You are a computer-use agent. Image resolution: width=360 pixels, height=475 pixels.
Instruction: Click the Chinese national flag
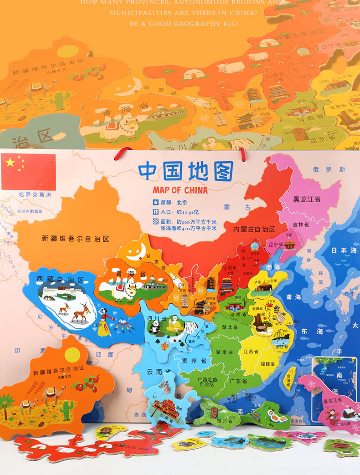pyautogui.click(x=28, y=172)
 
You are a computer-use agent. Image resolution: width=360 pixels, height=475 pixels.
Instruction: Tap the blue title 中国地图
pyautogui.click(x=186, y=171)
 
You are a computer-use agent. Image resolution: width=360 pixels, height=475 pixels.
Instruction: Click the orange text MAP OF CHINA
pyautogui.click(x=180, y=190)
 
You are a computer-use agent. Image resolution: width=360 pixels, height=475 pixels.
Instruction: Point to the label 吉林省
pyautogui.click(x=301, y=225)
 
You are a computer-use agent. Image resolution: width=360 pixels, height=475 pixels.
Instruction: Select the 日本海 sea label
pyautogui.click(x=344, y=250)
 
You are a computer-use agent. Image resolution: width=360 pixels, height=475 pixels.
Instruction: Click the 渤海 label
pyautogui.click(x=273, y=267)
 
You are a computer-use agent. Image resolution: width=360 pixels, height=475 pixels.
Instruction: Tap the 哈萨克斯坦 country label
pyautogui.click(x=35, y=195)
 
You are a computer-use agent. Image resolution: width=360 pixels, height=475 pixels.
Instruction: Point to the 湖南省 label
pyautogui.click(x=225, y=352)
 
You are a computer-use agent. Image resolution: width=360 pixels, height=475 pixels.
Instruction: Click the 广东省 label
pyautogui.click(x=238, y=381)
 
